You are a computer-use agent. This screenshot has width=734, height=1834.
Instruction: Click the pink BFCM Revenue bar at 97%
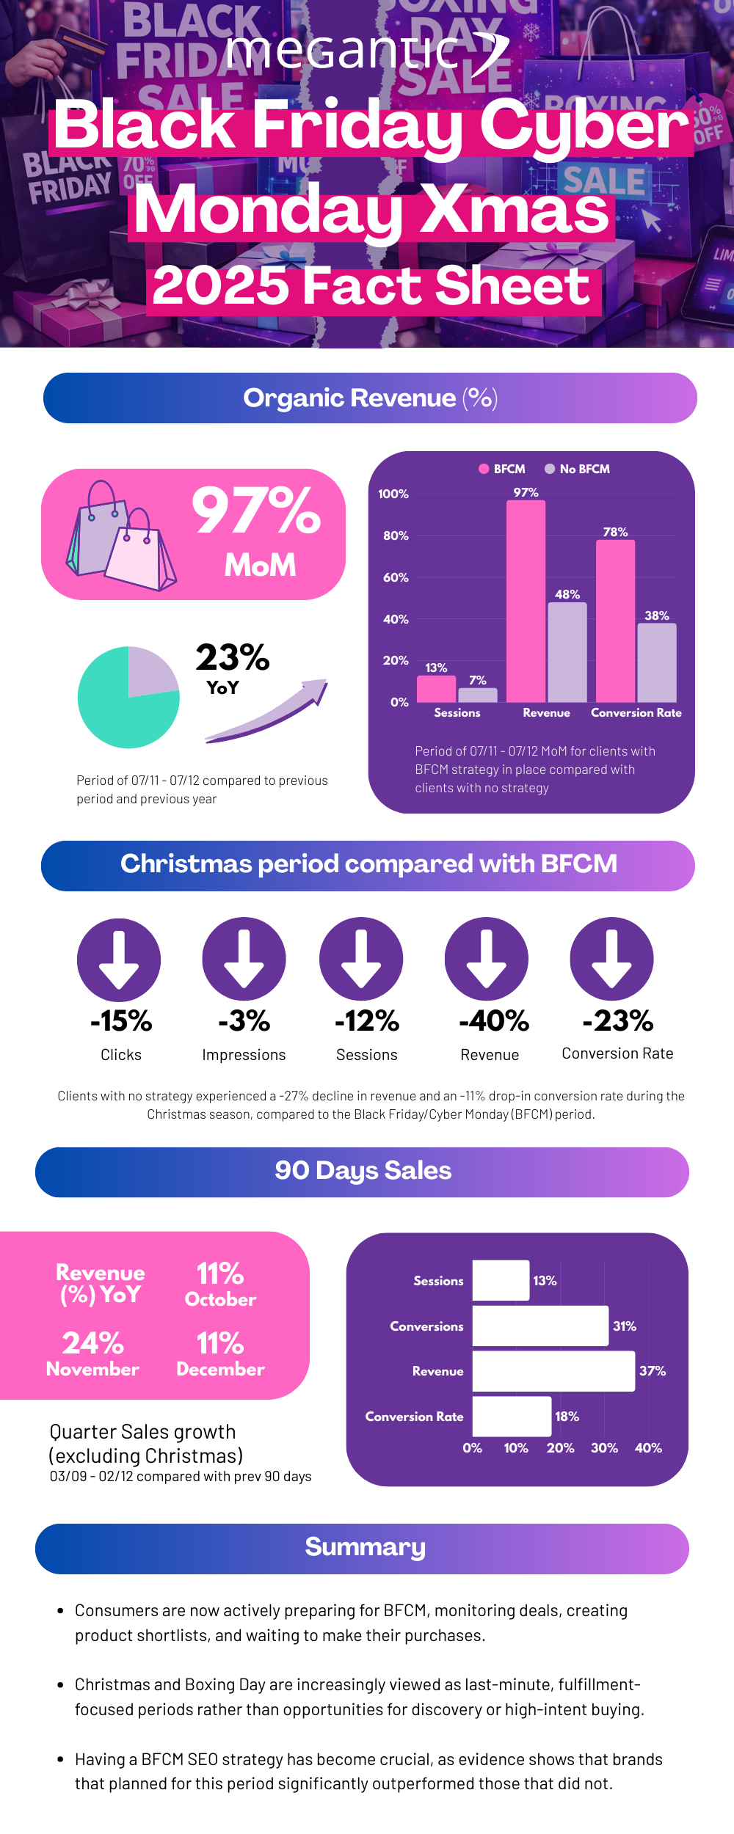[526, 601]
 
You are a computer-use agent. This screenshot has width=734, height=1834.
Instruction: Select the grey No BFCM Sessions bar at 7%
[477, 695]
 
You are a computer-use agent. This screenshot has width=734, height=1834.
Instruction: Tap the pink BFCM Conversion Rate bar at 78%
[615, 621]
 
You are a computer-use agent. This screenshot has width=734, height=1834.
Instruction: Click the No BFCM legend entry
[577, 469]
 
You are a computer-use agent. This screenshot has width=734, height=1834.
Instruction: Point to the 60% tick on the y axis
[396, 577]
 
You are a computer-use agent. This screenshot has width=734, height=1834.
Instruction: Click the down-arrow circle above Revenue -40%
[486, 959]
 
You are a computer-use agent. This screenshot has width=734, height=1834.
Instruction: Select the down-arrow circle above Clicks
[119, 960]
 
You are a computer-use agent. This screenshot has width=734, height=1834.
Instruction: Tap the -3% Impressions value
[244, 1020]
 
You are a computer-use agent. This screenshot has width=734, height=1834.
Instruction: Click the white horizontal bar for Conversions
[540, 1326]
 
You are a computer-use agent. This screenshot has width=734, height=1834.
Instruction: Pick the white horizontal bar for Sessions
[501, 1280]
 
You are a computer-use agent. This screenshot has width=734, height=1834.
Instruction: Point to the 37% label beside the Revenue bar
[652, 1370]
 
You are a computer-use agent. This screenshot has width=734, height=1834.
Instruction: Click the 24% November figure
[93, 1343]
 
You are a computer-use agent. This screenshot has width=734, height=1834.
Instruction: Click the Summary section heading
[365, 1546]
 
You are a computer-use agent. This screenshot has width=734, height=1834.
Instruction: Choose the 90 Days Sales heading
[363, 1170]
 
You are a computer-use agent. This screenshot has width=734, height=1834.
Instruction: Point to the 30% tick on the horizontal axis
[604, 1447]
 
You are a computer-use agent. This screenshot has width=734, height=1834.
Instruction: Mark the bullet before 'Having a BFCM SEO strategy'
[61, 1759]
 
